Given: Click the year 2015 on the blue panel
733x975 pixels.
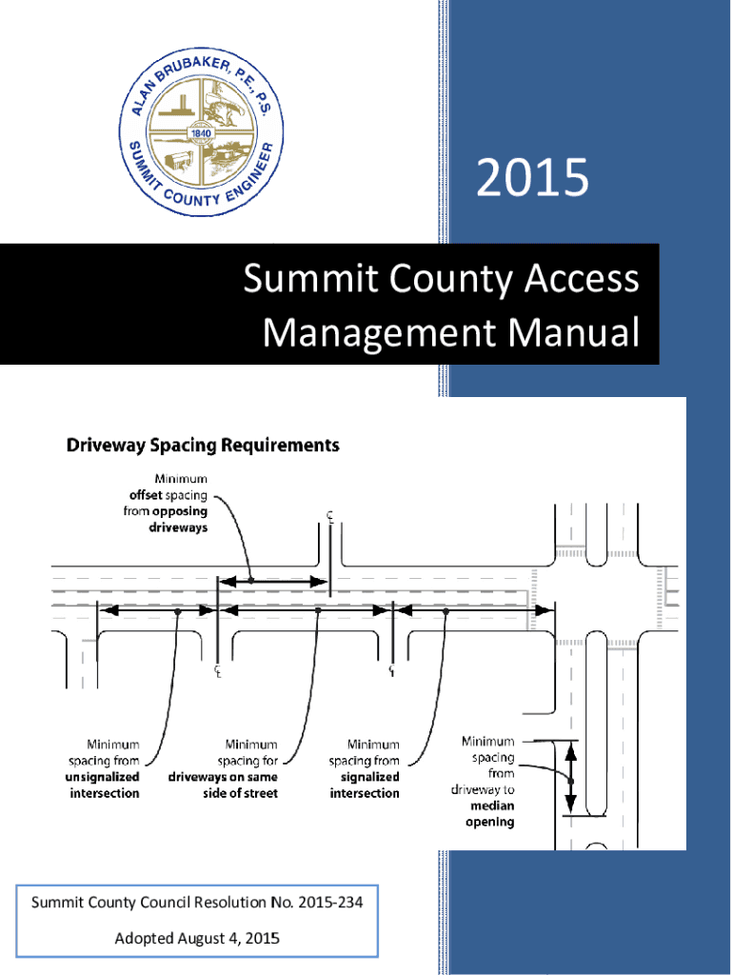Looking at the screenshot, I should coord(532,178).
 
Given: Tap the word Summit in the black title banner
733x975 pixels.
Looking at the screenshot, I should coord(303,280).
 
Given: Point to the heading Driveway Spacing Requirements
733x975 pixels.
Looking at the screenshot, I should coord(202,445).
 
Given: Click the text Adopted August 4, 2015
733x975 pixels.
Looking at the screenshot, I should coord(197,939).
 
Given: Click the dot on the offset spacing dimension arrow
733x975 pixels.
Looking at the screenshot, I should coord(250,579).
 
